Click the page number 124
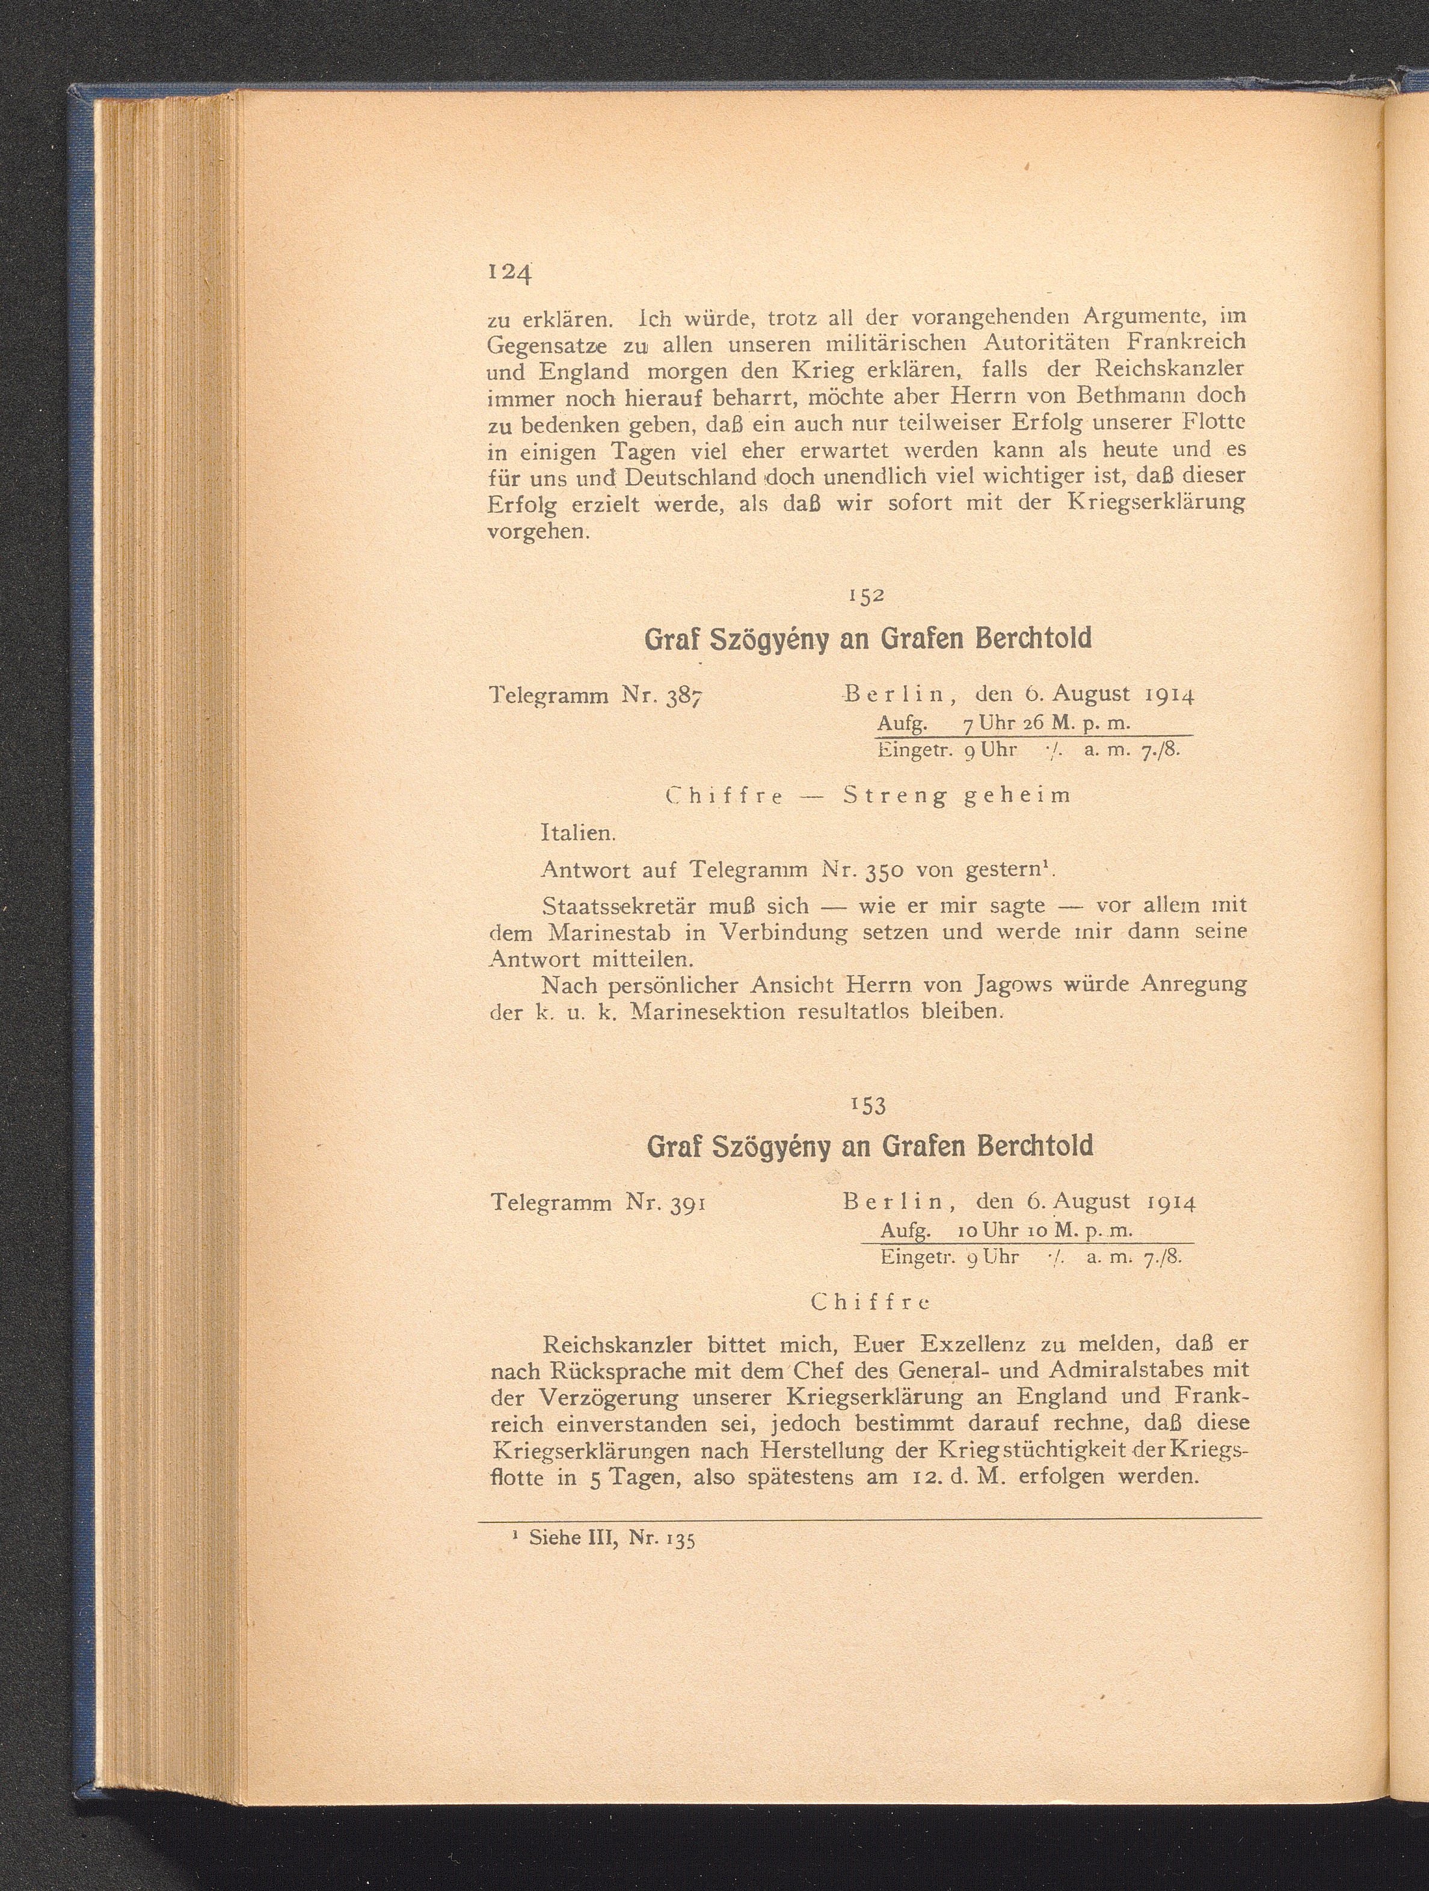tap(509, 274)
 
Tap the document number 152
tap(866, 596)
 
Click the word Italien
tap(577, 831)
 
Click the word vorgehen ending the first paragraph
tap(536, 532)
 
